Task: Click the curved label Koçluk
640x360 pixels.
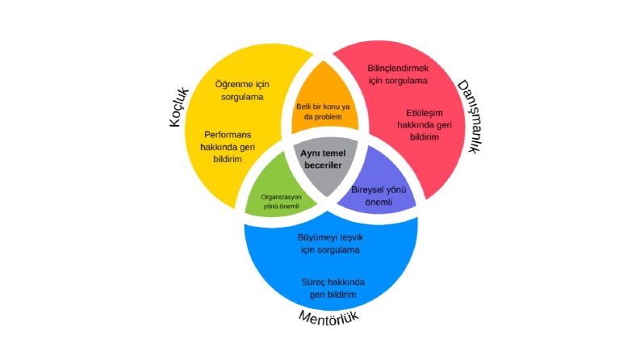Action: [179, 107]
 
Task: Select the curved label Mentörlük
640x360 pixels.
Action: [329, 316]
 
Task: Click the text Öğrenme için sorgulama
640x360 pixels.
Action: [242, 90]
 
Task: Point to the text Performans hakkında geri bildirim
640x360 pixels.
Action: [228, 147]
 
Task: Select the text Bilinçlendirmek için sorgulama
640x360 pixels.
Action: [398, 74]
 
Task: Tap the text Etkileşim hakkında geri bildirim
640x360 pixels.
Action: [425, 125]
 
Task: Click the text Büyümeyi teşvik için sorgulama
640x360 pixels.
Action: [330, 244]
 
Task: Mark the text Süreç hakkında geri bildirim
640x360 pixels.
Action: [333, 288]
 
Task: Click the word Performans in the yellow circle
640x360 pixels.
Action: [228, 135]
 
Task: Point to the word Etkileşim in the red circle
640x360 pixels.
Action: [425, 113]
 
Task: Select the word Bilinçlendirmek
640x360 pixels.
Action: [398, 68]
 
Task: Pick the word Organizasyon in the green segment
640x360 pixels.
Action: [281, 197]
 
